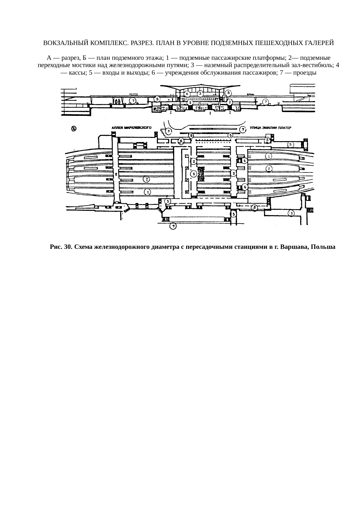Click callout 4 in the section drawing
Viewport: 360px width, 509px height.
(x=187, y=94)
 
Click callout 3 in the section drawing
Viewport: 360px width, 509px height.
(x=200, y=93)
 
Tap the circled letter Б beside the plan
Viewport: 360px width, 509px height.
(x=74, y=129)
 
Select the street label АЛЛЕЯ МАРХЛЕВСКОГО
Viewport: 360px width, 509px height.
(x=132, y=127)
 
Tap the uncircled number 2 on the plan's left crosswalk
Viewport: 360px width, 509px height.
(x=116, y=174)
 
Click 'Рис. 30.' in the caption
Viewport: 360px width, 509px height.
(x=61, y=247)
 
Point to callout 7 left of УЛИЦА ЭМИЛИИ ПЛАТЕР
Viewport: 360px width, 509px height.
(x=243, y=129)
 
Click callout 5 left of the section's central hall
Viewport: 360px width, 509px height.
(x=157, y=99)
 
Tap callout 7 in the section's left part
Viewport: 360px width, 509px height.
(x=133, y=101)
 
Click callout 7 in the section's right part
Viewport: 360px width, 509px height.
(x=265, y=102)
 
